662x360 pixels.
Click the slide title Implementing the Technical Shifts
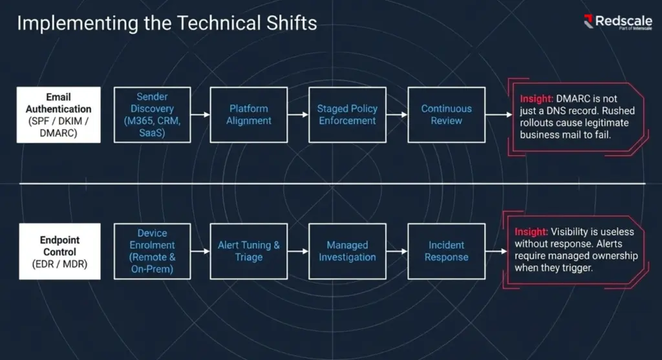[167, 23]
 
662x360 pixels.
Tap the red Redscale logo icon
[588, 21]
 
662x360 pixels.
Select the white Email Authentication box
[59, 115]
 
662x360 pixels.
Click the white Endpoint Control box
[60, 251]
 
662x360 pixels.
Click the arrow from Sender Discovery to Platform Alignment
[200, 115]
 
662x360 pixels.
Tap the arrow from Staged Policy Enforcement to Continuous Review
[397, 115]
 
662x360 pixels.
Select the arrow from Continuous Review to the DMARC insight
[499, 115]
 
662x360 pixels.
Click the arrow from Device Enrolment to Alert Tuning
[200, 251]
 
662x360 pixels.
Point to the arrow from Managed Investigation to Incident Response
[397, 251]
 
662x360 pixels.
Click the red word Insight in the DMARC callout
[536, 99]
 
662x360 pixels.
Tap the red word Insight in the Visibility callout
[531, 232]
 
